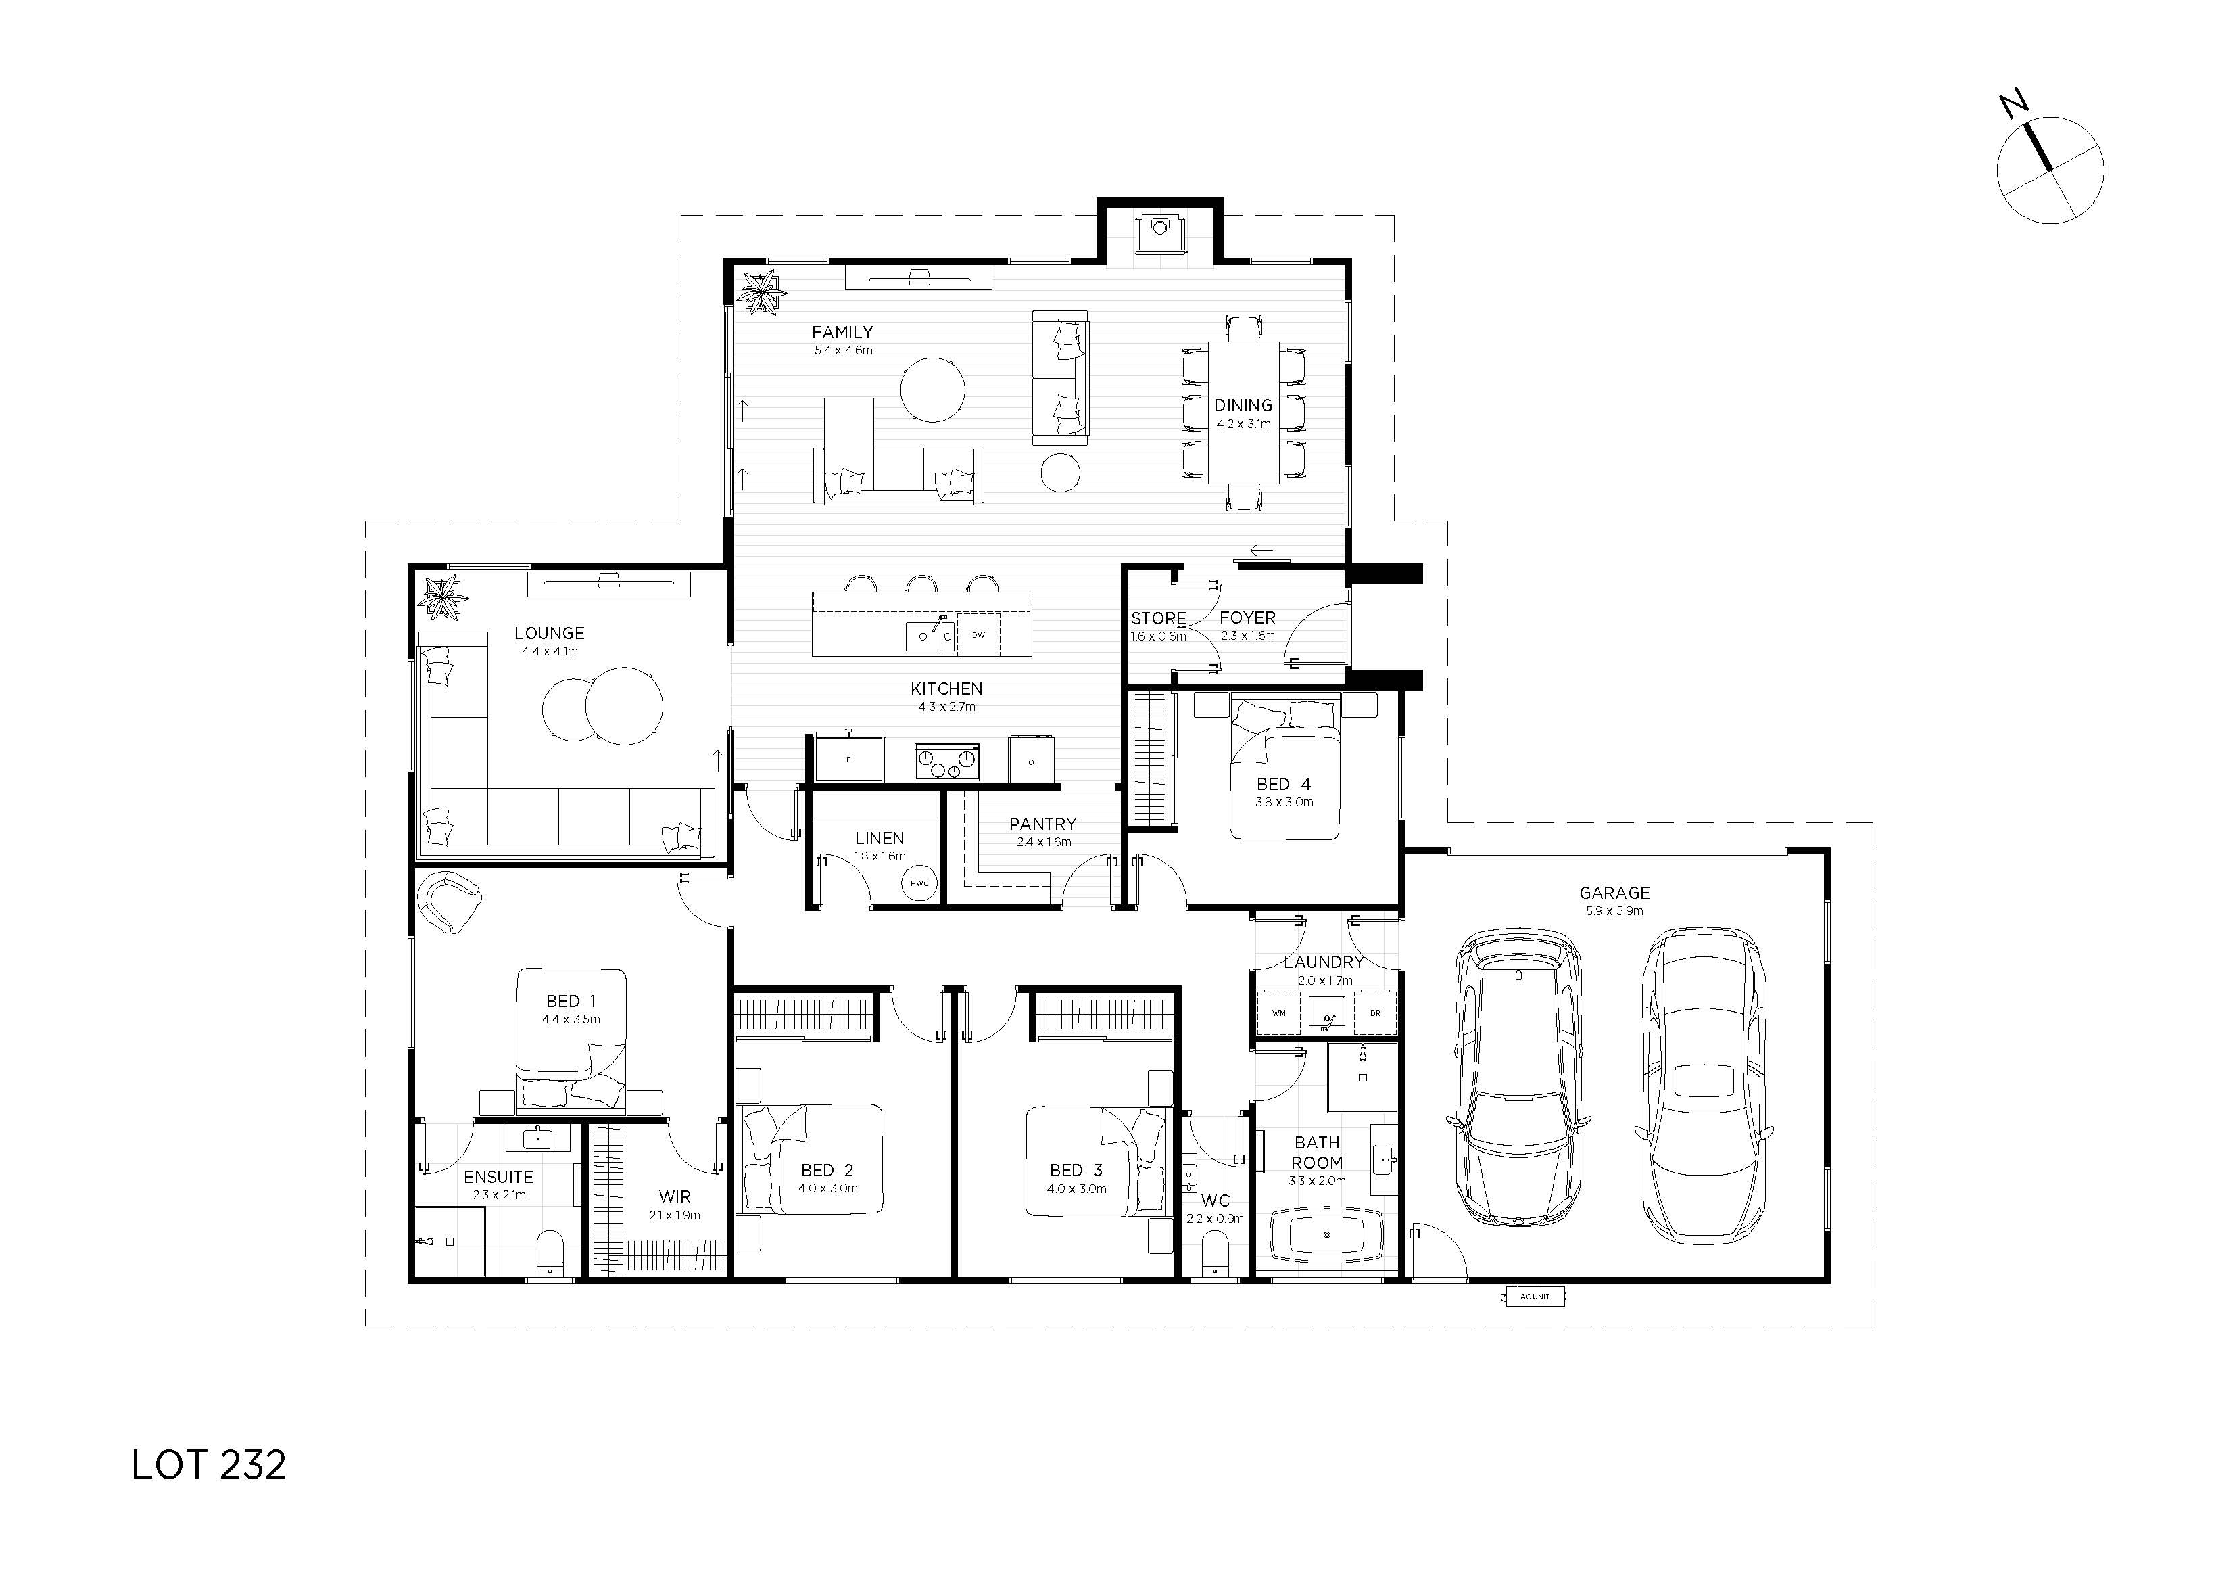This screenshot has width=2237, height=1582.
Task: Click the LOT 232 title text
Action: click(x=208, y=1465)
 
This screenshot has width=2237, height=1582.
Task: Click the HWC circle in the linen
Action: click(x=919, y=883)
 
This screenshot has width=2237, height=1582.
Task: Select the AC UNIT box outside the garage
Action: click(x=1535, y=1297)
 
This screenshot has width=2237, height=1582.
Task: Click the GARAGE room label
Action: click(x=1614, y=892)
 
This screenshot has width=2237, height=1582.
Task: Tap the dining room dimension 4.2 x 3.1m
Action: click(x=1243, y=424)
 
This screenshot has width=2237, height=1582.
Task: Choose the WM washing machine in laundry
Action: click(x=1278, y=1013)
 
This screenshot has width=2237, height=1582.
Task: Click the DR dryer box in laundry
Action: click(x=1375, y=1013)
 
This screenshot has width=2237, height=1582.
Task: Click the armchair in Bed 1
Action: click(x=450, y=902)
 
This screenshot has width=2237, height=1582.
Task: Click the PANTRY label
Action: click(x=1042, y=824)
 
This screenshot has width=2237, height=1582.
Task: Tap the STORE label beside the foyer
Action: click(x=1159, y=618)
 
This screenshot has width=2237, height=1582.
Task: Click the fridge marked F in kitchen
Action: click(x=848, y=758)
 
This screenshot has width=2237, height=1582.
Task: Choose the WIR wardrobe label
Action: click(x=674, y=1196)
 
